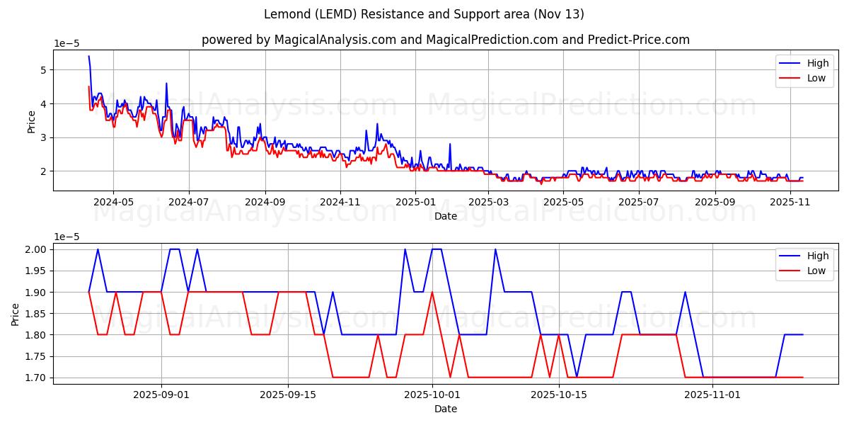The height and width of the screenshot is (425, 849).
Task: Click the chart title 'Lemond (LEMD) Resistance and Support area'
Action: coord(424,14)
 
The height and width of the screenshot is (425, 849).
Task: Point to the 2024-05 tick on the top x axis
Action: coord(113,201)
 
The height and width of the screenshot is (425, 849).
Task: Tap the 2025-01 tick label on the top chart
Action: coord(415,201)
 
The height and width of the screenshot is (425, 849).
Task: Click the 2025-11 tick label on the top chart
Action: coord(790,201)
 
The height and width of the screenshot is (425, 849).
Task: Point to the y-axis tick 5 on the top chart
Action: coord(43,70)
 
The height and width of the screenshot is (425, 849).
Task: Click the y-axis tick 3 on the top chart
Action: coord(43,137)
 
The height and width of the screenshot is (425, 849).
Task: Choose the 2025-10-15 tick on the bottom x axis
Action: coord(559,394)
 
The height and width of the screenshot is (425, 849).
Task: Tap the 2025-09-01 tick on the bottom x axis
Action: coord(161,394)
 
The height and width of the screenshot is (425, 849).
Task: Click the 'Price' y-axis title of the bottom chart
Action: coord(16,314)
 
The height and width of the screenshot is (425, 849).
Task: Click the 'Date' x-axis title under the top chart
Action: coord(446,215)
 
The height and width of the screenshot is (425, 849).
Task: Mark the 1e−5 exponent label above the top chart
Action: coord(68,44)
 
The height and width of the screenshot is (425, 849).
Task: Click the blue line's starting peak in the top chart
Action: coord(88,56)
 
